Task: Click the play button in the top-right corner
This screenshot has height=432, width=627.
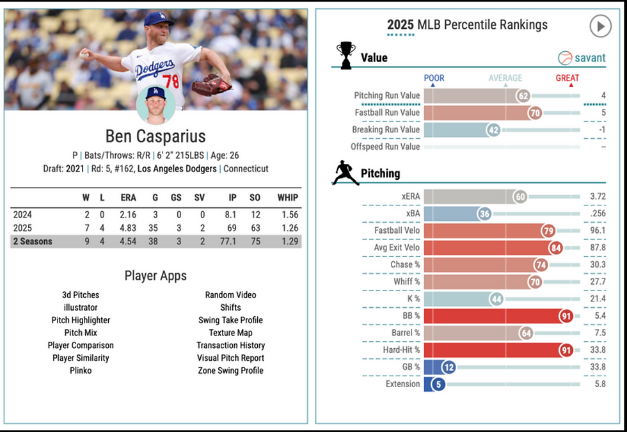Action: point(600,26)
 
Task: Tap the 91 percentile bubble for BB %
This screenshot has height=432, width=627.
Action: point(566,316)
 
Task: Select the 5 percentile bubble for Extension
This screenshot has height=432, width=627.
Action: point(438,384)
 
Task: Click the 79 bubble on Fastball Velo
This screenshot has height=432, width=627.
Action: point(548,230)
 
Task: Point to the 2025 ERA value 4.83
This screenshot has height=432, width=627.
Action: point(128,228)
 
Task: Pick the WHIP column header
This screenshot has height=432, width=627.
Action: point(287,198)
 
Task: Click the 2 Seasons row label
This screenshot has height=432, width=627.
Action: point(33,241)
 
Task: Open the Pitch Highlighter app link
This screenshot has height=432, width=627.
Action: point(81,320)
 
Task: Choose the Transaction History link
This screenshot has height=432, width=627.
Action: point(230,346)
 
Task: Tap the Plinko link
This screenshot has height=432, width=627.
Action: point(81,371)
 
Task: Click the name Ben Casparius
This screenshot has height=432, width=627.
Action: point(155,136)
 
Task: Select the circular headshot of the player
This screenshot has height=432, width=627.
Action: point(155,104)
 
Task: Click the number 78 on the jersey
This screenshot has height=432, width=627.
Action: point(171,81)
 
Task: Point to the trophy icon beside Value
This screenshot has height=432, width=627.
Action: point(345,55)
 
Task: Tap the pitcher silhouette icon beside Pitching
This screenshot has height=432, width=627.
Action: point(345,173)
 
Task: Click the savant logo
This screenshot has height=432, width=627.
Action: point(582,58)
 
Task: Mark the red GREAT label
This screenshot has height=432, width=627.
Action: point(567,78)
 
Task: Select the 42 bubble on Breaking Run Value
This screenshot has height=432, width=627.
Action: point(493,129)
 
